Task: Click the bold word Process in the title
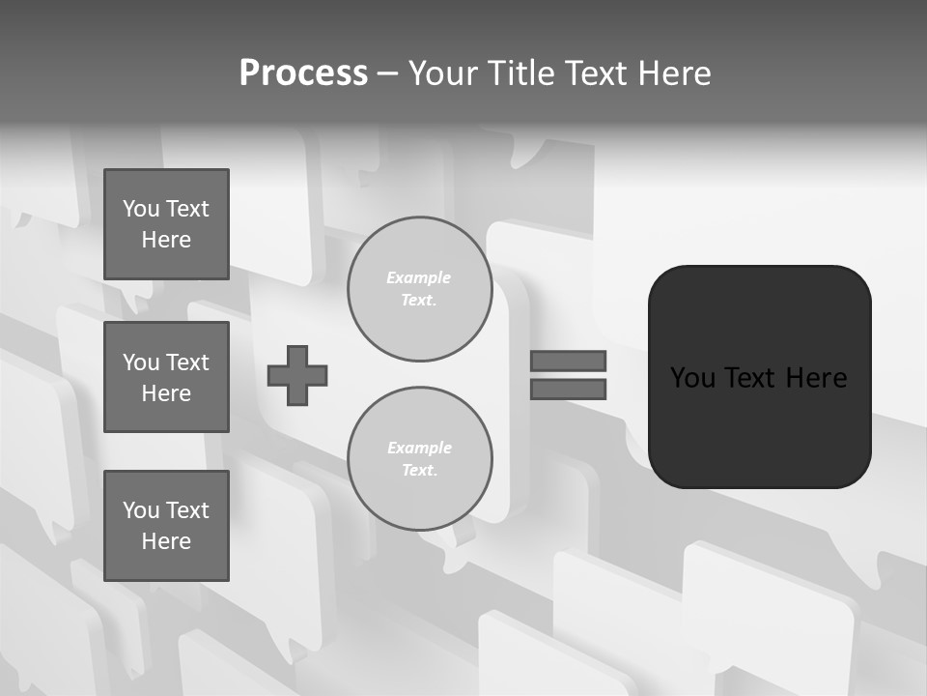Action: [303, 73]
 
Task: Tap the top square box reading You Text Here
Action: [166, 224]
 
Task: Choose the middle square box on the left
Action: [166, 377]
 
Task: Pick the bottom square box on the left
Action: [166, 526]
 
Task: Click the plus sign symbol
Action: [297, 375]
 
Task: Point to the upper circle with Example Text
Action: [420, 289]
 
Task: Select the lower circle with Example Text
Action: [420, 459]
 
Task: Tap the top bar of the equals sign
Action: [568, 361]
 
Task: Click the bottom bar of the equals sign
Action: [568, 389]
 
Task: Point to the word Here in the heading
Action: [672, 73]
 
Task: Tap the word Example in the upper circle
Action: [418, 277]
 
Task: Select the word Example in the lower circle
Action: [419, 448]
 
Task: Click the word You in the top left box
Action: [141, 209]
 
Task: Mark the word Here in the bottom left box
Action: [166, 541]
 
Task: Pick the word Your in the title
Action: [442, 73]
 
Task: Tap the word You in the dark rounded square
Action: [692, 378]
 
